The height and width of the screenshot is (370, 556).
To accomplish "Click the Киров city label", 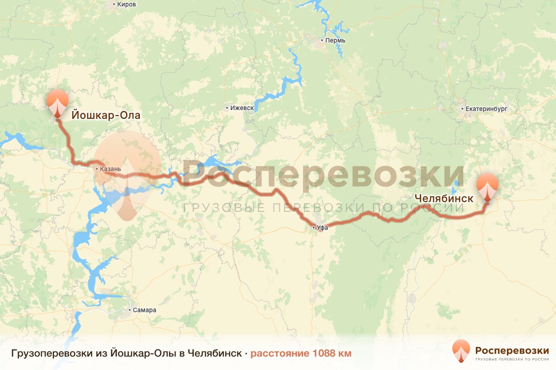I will pyautogui.click(x=127, y=5).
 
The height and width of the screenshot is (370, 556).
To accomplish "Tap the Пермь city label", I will pyautogui.click(x=336, y=41).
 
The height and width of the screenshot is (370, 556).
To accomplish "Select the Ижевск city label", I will pyautogui.click(x=242, y=108).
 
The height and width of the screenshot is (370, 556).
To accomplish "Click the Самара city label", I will pyautogui.click(x=145, y=310).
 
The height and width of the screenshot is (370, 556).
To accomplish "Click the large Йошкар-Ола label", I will pyautogui.click(x=105, y=114).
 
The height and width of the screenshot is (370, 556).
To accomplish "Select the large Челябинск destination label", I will pyautogui.click(x=443, y=198).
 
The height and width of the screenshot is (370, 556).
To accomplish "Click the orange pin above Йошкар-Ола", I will pyautogui.click(x=57, y=104).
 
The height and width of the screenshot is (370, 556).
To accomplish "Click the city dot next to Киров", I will pyautogui.click(x=114, y=5).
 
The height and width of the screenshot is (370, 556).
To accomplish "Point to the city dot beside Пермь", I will pyautogui.click(x=322, y=41).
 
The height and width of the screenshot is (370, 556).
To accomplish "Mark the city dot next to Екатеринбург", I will pyautogui.click(x=462, y=109).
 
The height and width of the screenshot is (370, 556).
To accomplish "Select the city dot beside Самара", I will pyautogui.click(x=129, y=310).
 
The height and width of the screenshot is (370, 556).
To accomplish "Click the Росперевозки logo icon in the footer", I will pyautogui.click(x=461, y=351).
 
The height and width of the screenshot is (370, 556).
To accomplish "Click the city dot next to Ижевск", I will pyautogui.click(x=227, y=108).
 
